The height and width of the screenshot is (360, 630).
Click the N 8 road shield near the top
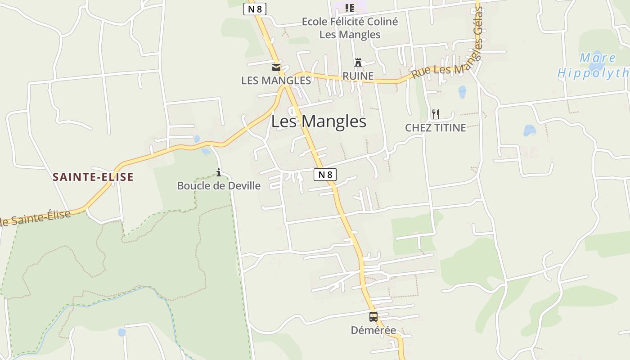(255, 9)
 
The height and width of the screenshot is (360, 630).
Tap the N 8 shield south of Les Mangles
(325, 175)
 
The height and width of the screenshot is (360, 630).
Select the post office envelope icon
(276, 68)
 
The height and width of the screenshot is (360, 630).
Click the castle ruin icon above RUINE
(358, 63)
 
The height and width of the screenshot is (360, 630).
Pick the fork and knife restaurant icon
(435, 114)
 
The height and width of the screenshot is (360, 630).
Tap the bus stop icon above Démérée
(373, 317)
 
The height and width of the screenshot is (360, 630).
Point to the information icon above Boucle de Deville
(219, 172)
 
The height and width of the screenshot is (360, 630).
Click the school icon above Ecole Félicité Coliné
(349, 8)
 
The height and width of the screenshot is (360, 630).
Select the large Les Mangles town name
(319, 121)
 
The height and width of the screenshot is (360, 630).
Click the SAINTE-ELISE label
(93, 177)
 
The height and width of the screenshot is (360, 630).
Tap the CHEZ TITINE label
(435, 128)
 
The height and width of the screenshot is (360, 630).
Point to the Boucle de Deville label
(219, 185)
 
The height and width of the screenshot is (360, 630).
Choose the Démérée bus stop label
(373, 330)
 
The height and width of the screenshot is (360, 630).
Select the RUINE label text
(358, 76)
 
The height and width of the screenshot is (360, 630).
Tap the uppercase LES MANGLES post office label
(276, 81)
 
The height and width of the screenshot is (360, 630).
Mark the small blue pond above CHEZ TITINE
(462, 92)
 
